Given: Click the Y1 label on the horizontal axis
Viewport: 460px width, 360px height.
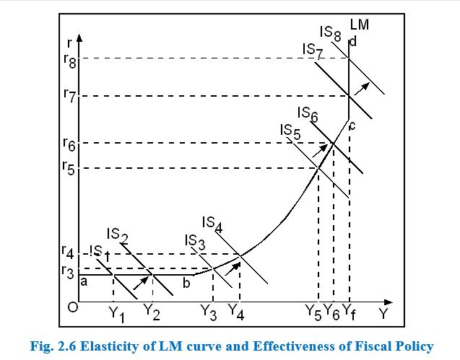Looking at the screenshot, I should click(117, 314).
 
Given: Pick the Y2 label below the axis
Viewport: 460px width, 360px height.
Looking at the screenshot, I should click(151, 312).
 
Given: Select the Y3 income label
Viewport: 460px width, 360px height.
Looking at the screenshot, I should click(209, 313).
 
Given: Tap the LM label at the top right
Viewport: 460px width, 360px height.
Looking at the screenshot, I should click(360, 25).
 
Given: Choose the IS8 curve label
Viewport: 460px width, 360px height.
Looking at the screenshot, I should click(330, 33).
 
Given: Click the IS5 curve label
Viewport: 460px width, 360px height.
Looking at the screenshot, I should click(290, 131).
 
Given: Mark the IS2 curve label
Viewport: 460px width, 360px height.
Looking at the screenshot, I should click(118, 234).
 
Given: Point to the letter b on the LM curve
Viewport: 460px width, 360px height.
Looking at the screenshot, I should click(186, 283).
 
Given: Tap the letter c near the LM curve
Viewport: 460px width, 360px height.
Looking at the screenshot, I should click(352, 127).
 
